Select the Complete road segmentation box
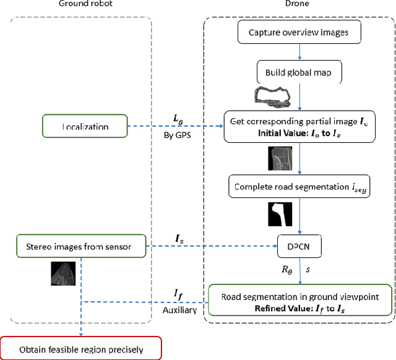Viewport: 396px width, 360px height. (299, 186)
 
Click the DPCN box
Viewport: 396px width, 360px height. (299, 247)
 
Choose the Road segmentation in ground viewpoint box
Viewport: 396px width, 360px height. (299, 301)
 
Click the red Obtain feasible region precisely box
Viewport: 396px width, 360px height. (80, 349)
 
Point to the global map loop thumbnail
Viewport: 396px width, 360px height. (272, 96)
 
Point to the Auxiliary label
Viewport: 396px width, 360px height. (179, 310)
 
